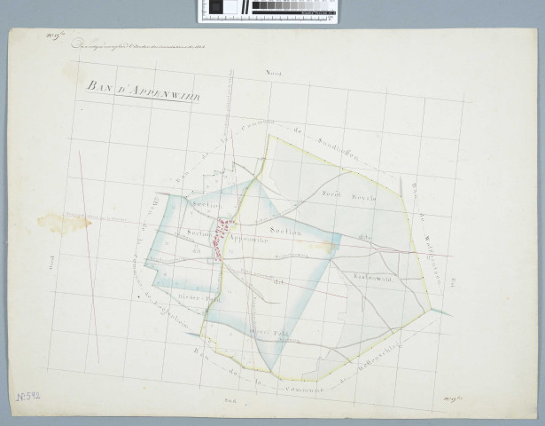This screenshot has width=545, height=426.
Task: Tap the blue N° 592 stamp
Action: [x=28, y=400]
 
